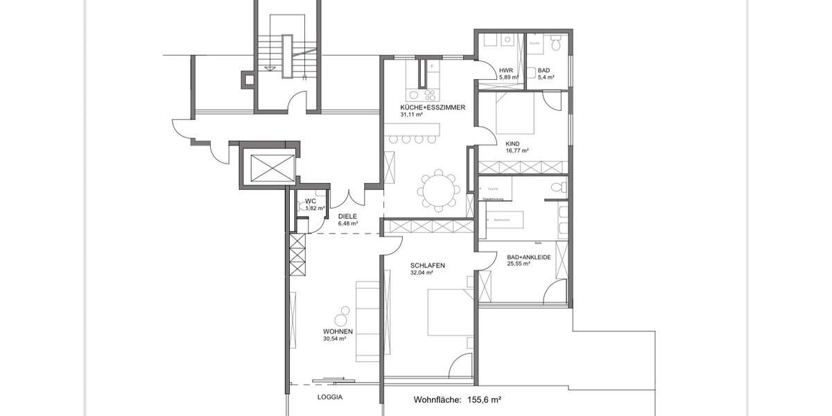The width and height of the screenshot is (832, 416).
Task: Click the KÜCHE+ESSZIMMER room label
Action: [432, 107]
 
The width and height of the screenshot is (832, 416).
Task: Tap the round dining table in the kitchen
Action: [438, 189]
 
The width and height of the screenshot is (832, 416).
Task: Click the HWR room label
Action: [505, 70]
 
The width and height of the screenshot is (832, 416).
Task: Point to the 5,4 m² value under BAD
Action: [546, 77]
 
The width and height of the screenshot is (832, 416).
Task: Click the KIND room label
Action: [512, 144]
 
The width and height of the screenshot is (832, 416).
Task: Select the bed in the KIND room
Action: [514, 114]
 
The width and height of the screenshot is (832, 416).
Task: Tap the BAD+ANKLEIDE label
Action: [528, 257]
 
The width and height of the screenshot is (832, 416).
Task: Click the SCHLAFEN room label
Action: [427, 266]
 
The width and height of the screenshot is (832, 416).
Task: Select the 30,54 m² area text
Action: [334, 339]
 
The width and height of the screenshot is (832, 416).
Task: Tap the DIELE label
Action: [347, 216]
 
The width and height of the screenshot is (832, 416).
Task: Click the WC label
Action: [310, 201]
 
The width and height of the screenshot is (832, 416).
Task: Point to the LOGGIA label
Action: [330, 398]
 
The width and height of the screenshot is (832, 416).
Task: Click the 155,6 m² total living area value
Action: [484, 400]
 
